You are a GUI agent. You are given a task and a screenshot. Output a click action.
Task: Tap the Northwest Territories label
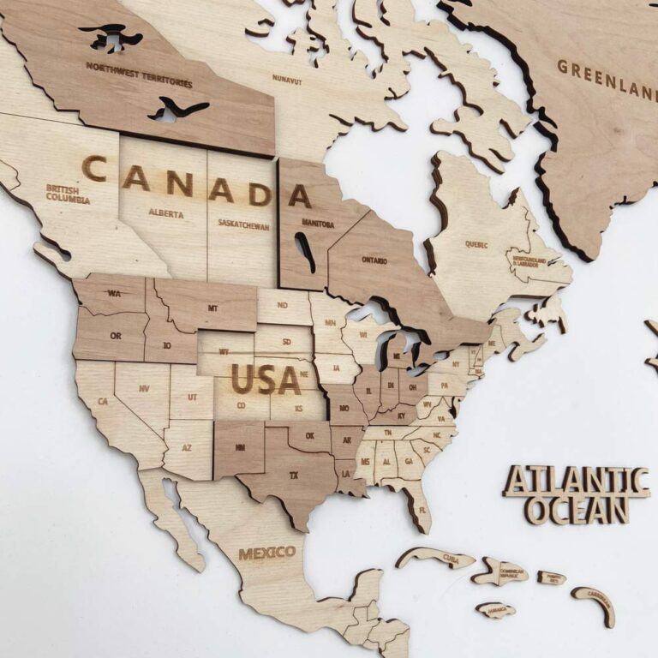click(x=138, y=74)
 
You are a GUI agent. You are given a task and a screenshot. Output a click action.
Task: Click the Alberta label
click(x=165, y=213)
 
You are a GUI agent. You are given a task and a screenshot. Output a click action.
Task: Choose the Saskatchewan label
click(x=242, y=227)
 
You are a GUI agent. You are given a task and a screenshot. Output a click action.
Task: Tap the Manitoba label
click(x=317, y=224)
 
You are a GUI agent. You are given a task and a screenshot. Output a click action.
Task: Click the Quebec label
click(x=476, y=243)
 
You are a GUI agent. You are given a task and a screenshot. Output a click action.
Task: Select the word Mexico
click(x=266, y=553)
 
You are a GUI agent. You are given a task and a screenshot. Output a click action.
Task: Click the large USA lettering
click(x=266, y=379)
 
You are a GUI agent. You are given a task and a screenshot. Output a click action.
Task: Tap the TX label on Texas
click(x=294, y=474)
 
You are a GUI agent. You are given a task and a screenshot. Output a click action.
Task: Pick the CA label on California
click(x=103, y=401)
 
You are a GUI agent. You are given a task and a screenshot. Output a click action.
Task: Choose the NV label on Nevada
click(x=143, y=388)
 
